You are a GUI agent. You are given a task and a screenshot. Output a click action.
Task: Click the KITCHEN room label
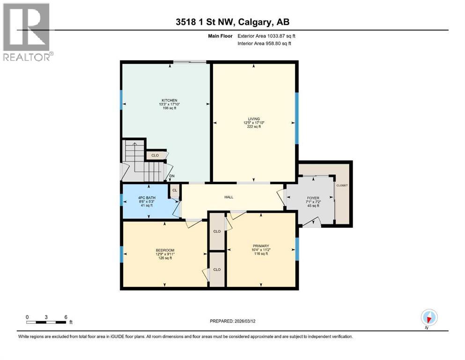point(169,101)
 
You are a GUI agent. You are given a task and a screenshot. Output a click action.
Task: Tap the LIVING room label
point(254,119)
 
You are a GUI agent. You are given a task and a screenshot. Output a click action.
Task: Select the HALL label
point(229,197)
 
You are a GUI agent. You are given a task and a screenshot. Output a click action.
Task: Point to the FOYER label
point(312,198)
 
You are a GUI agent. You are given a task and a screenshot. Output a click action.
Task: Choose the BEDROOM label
point(165,250)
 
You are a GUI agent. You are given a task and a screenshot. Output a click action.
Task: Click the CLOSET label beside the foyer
point(342,186)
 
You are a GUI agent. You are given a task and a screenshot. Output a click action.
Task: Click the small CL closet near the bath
point(175,190)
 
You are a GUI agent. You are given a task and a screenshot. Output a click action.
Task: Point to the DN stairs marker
point(172,176)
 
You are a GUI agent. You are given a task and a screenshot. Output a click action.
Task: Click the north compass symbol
point(428,317)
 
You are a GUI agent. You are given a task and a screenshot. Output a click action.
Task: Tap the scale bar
point(46,322)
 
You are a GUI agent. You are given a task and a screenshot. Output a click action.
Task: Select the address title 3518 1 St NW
point(232,22)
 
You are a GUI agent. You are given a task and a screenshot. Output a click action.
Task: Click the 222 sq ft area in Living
point(254,127)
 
